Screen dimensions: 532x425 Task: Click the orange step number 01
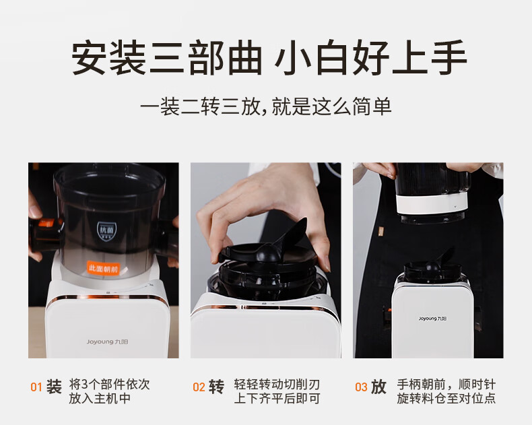coord(36,387)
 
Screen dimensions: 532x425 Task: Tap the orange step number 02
coord(199,387)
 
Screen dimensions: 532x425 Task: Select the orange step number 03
coord(361,387)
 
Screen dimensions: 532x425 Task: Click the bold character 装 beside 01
coord(54,387)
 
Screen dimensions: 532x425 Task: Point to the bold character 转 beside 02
coord(216,387)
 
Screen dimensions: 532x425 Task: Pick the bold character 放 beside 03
coord(378,387)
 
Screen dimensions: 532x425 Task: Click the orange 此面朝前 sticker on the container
coord(104,268)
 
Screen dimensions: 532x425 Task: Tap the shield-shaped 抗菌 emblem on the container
coord(106,232)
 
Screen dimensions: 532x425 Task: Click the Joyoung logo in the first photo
coord(107,342)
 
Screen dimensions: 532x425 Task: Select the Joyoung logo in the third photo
coord(432,319)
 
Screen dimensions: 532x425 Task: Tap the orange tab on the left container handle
coord(46,223)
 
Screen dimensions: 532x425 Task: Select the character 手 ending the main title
coord(449,57)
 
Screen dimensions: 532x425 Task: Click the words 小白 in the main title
coord(310,57)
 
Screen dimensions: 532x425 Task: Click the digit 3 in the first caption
coord(84,385)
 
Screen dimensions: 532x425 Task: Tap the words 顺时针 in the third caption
coord(477,385)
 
